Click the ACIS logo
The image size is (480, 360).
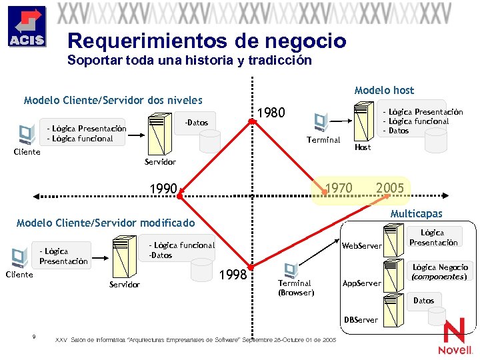point(27,27)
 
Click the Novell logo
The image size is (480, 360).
point(455,337)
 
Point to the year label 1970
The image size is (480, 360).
point(338,188)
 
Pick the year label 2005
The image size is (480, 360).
point(390,188)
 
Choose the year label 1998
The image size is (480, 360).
point(234,275)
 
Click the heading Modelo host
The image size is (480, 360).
point(384,90)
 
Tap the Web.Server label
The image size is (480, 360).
point(361,246)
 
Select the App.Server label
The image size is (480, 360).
point(361,283)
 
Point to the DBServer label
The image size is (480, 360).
point(361,319)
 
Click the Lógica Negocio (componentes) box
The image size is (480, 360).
point(440,271)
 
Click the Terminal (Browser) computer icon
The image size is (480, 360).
point(291,269)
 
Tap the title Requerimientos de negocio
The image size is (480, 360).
point(207,41)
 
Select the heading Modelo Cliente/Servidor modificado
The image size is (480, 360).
point(106,223)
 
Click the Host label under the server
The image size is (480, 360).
point(363,147)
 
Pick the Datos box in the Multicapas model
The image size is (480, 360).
point(423,301)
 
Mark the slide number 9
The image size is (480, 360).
point(33,336)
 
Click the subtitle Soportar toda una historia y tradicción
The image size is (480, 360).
point(189,60)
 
